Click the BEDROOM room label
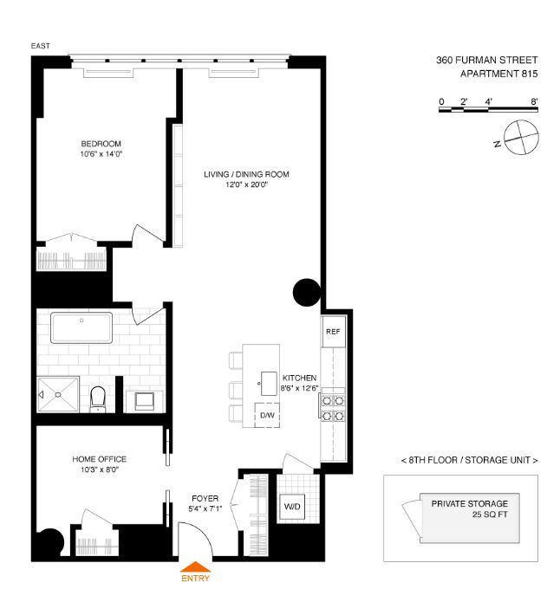[x=101, y=144]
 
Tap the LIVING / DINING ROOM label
[x=246, y=175]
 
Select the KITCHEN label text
[x=298, y=379]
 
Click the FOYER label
[x=205, y=499]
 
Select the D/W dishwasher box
[x=267, y=415]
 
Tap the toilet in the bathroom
[x=98, y=398]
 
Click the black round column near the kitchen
[x=307, y=293]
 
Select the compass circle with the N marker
[x=516, y=138]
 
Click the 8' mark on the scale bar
[x=535, y=101]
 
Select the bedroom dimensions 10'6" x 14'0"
[x=101, y=155]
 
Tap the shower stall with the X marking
[x=59, y=394]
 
